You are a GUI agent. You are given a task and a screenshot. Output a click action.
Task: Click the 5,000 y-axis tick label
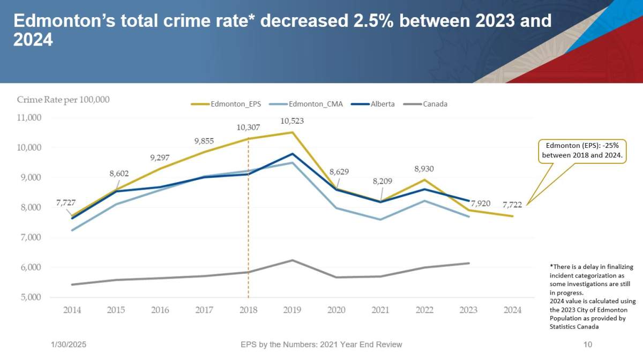[31, 297]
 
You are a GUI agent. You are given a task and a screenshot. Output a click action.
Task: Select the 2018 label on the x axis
[248, 310]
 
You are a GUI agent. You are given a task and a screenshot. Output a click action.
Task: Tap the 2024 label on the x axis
[513, 310]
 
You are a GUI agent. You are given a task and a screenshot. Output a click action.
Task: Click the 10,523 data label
[293, 121]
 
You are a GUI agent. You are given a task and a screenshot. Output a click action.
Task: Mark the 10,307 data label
[248, 127]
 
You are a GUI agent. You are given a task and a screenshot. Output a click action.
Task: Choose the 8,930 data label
[424, 168]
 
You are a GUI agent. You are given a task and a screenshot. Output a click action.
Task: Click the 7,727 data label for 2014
[66, 204]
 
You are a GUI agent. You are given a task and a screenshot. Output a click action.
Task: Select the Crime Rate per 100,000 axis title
[63, 100]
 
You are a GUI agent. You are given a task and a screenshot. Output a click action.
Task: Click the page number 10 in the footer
[587, 344]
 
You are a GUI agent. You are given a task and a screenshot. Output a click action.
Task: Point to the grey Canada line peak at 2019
[292, 260]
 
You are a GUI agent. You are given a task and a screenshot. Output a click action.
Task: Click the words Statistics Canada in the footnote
[574, 326]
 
